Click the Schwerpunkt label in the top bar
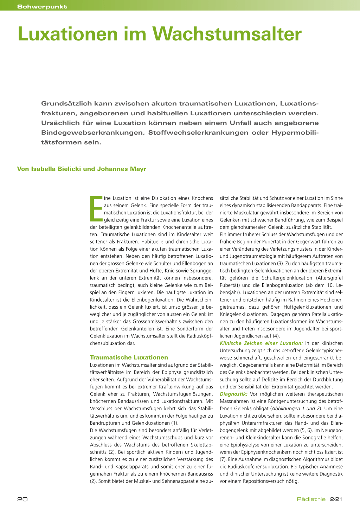tap(42, 7)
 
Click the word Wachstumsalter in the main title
tap(227, 34)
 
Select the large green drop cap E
tap(96, 209)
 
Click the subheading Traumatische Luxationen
tap(129, 357)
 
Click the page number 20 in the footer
tap(22, 499)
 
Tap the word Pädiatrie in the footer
tap(311, 499)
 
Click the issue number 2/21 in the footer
tap(336, 499)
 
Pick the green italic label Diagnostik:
tap(233, 394)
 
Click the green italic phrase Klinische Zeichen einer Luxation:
tap(261, 343)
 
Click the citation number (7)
tap(223, 459)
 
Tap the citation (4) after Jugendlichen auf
tap(276, 336)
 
